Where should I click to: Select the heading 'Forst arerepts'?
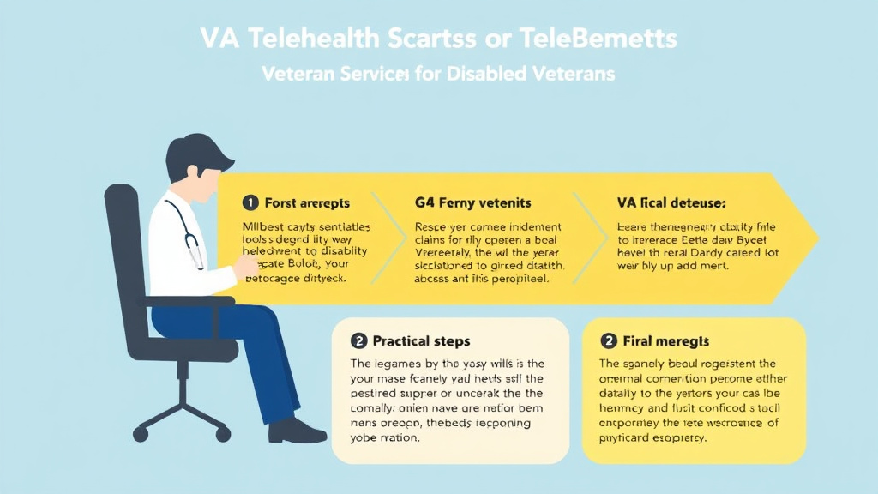pos(306,203)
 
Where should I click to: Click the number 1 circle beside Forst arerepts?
pos(250,203)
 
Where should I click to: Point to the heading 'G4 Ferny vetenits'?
pos(472,203)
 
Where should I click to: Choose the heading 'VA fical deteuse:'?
pos(671,203)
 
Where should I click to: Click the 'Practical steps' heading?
pos(421,341)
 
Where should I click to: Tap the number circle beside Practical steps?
pos(360,341)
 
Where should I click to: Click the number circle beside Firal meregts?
pos(610,341)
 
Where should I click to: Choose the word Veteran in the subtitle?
pos(300,74)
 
